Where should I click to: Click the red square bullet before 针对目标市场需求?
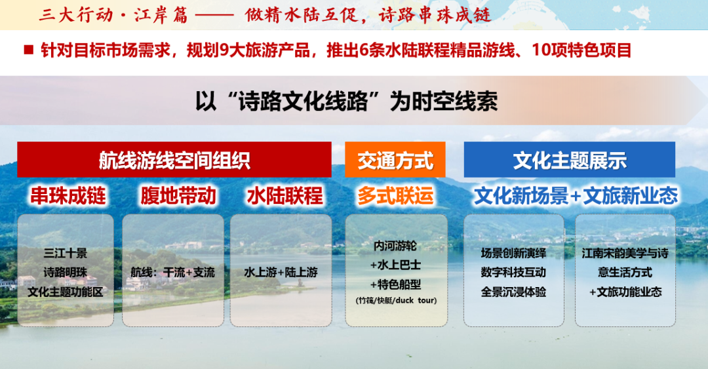(29, 50)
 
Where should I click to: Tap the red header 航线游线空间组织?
(174, 160)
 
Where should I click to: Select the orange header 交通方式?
(395, 160)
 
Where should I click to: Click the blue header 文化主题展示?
(570, 160)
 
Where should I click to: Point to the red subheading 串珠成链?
(68, 196)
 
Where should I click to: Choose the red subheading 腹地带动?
(178, 196)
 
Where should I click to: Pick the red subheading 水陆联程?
(285, 196)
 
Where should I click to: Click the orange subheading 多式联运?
(395, 196)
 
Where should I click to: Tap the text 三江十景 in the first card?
(66, 253)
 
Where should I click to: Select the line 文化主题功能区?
(66, 292)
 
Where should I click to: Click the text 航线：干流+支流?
(173, 273)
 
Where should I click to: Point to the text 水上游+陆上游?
(281, 273)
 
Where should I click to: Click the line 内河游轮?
(395, 246)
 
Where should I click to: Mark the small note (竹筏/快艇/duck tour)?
(396, 300)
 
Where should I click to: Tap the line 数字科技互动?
(513, 273)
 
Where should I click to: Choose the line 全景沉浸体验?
(513, 292)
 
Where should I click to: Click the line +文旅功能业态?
(625, 292)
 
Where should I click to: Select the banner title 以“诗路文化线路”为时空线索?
(346, 101)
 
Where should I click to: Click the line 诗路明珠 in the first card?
(66, 273)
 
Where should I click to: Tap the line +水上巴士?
(395, 265)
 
